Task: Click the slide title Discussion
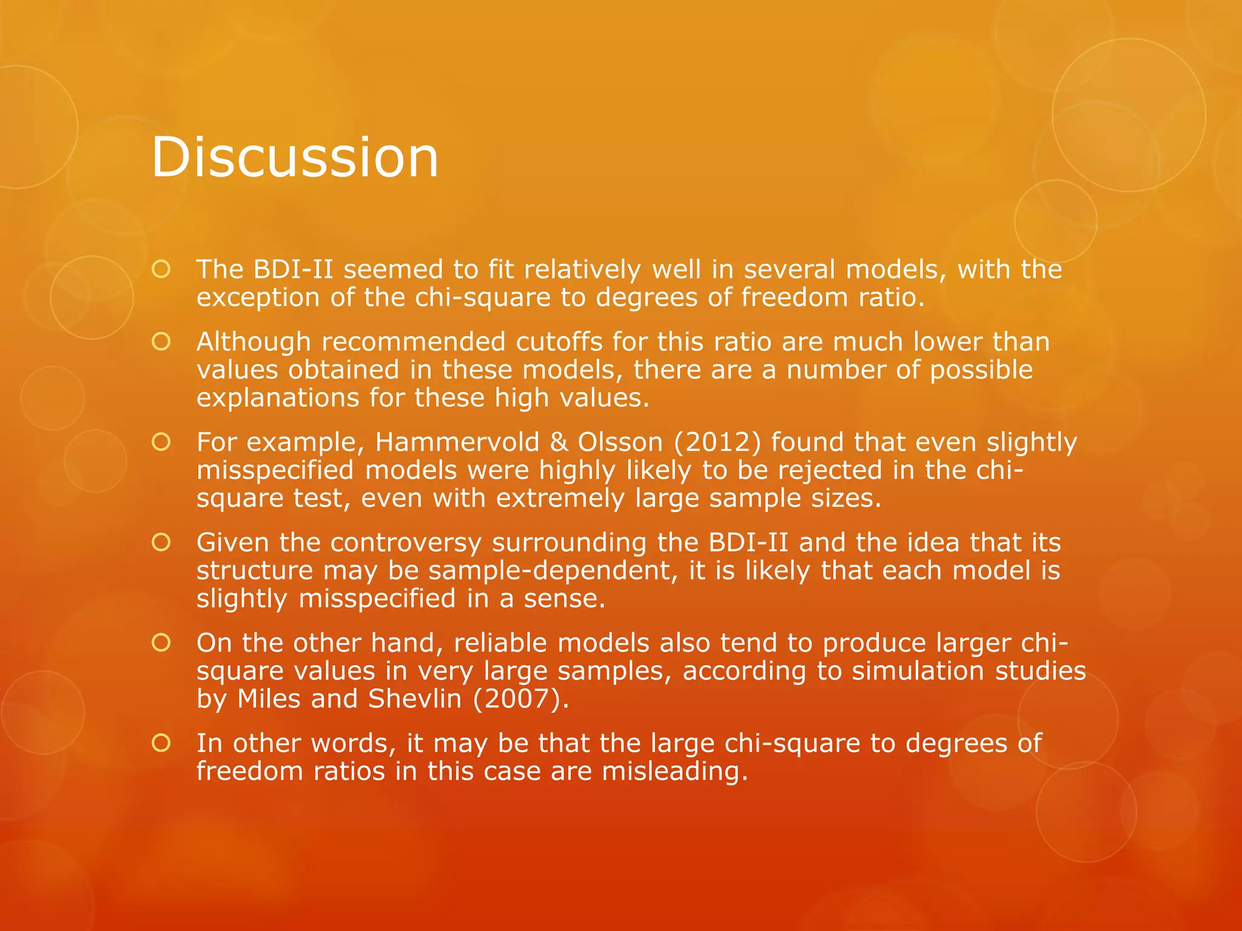click(295, 158)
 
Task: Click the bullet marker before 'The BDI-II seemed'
click(161, 270)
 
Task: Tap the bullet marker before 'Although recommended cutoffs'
click(161, 342)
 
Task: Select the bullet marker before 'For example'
click(161, 442)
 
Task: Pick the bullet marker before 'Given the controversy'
click(161, 542)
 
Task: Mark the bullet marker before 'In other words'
click(161, 743)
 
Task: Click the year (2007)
click(520, 699)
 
